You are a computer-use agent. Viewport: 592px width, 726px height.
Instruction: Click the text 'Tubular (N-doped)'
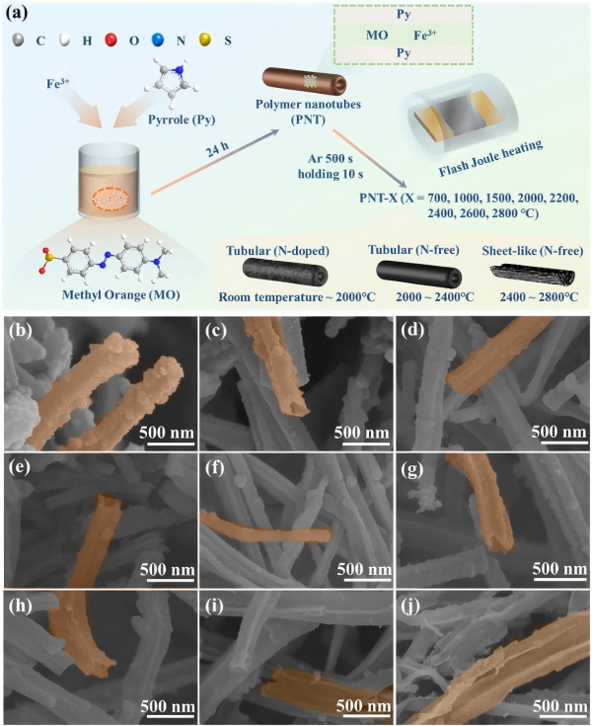pos(280,246)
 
